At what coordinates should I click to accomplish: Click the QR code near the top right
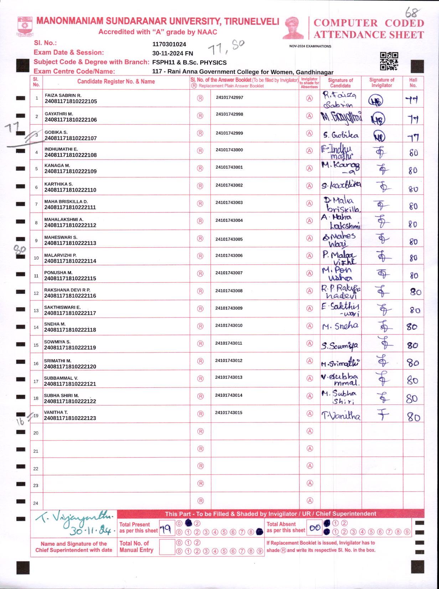[389, 61]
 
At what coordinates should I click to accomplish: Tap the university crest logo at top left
[25, 26]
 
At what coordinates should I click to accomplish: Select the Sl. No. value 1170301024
[169, 45]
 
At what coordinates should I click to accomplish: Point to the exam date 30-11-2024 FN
[172, 53]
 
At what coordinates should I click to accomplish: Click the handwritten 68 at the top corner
[412, 12]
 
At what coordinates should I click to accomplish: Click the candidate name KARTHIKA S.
[58, 184]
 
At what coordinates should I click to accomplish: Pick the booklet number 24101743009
[229, 308]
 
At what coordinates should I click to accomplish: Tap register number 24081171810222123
[70, 418]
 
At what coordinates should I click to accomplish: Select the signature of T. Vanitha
[341, 416]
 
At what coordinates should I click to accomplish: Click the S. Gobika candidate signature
[341, 135]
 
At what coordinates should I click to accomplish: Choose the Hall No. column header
[413, 83]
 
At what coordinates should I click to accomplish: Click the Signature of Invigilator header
[382, 83]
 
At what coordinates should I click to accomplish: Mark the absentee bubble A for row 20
[310, 431]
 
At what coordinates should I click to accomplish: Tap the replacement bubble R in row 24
[201, 501]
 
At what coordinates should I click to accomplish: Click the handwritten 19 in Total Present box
[166, 529]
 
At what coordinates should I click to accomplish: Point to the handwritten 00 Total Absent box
[315, 528]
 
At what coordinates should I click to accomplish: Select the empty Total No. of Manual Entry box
[167, 547]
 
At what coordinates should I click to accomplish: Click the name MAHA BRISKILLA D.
[66, 202]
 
